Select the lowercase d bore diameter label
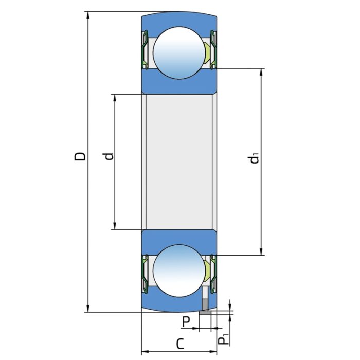click(x=108, y=156)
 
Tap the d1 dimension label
click(x=255, y=158)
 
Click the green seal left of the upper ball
click(x=145, y=51)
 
